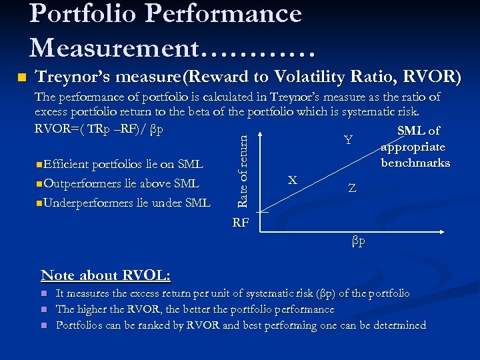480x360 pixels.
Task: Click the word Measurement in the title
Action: [x=113, y=47]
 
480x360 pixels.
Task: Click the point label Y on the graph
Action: [x=348, y=140]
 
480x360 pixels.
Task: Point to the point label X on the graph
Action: [x=292, y=180]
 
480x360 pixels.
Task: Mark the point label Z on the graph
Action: [x=352, y=189]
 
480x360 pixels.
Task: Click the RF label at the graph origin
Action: [x=241, y=222]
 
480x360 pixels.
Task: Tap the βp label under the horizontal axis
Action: [x=359, y=240]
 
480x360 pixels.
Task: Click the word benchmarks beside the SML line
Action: [x=415, y=163]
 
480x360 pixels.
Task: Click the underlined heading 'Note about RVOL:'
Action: [x=105, y=275]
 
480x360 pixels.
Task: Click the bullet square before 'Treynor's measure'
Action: [x=21, y=78]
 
